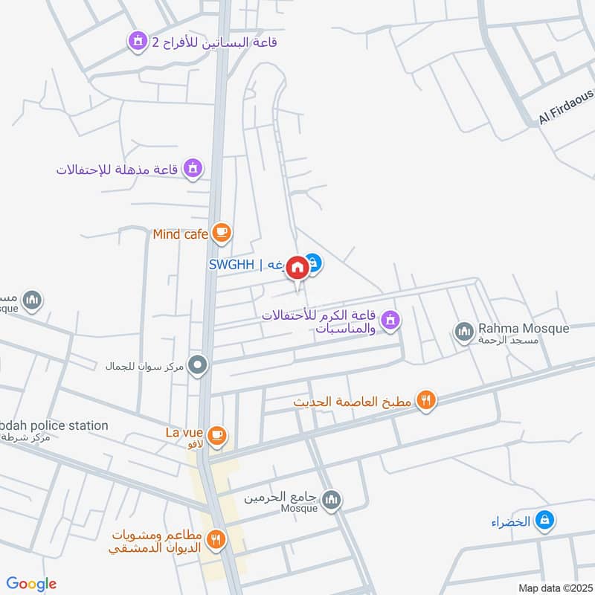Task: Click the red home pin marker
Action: click(297, 267)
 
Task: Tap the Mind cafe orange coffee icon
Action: click(221, 234)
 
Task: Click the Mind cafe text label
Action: click(181, 234)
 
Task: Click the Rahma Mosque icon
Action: click(464, 332)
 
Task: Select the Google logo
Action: click(32, 584)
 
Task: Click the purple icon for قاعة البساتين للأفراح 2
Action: click(137, 42)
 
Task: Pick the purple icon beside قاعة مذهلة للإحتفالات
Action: click(193, 169)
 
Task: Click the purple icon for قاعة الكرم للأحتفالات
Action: click(389, 321)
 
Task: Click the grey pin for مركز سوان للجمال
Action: click(198, 365)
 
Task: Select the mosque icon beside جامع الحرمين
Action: click(332, 498)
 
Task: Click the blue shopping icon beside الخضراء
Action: click(545, 521)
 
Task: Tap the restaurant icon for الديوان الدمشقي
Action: click(216, 539)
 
